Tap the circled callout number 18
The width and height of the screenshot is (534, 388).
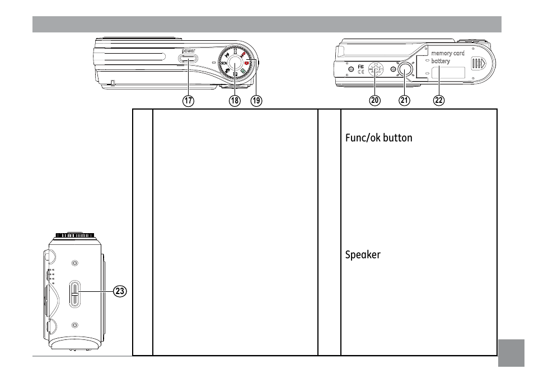(234, 101)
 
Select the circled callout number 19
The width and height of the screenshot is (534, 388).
(256, 101)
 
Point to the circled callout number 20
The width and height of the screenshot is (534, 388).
(374, 101)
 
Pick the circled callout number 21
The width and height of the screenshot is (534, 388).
(404, 101)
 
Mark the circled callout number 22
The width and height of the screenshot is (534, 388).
(438, 101)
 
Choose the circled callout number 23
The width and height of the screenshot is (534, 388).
(119, 291)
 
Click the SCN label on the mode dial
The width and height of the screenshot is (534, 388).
(224, 64)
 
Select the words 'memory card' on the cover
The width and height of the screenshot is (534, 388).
(448, 54)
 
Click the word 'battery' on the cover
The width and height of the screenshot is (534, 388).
(441, 61)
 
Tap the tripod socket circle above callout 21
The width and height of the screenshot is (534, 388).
(405, 69)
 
